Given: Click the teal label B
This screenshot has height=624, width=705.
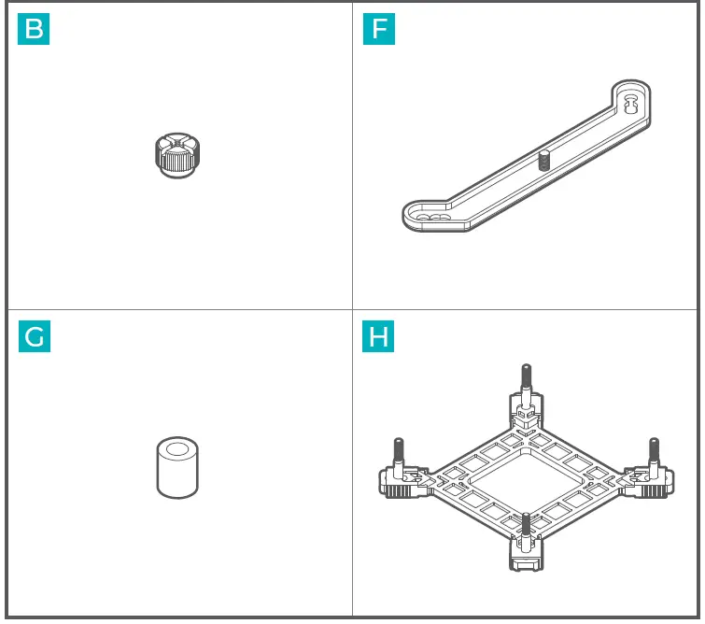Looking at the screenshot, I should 34,29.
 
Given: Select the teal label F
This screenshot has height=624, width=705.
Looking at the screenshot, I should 379,29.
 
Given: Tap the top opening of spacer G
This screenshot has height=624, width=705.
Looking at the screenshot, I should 178,447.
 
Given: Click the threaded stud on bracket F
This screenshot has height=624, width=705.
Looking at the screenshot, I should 543,160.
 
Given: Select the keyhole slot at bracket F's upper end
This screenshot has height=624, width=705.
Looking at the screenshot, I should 631,101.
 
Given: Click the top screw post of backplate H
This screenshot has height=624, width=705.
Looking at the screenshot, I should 525,379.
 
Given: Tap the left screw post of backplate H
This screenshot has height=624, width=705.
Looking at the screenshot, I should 399,452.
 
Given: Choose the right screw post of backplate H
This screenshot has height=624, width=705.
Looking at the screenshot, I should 654,452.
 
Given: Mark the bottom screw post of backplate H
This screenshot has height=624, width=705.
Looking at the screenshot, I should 526,528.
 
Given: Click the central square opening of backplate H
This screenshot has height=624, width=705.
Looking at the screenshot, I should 526,481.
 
